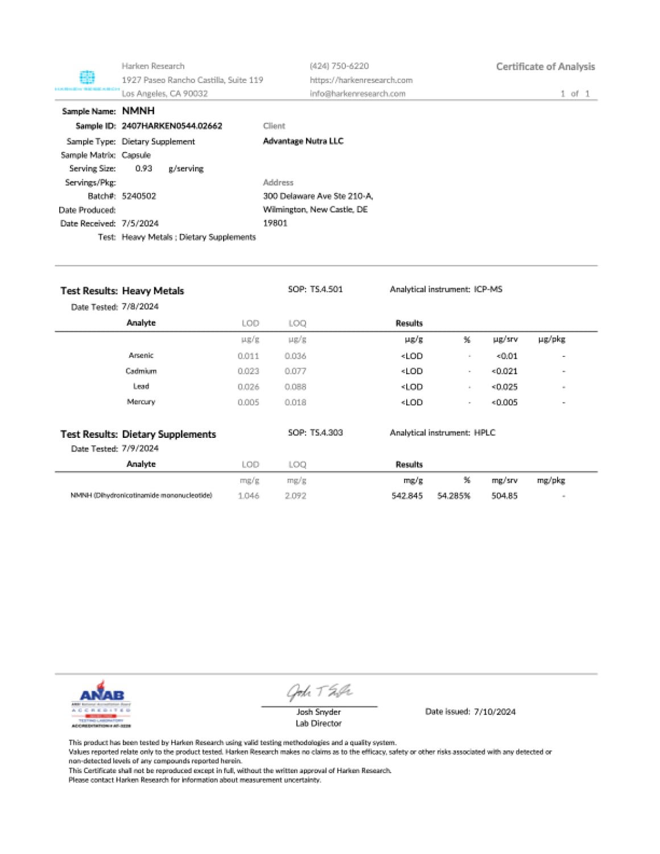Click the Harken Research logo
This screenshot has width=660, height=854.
87,80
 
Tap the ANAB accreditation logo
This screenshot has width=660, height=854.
101,704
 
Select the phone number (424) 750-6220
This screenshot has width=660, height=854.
339,66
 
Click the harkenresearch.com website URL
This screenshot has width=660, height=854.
361,80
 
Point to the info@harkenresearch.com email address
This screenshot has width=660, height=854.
357,94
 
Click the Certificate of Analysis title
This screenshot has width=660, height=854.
545,67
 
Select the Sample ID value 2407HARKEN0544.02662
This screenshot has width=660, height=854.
172,126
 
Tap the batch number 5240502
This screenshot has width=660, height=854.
139,196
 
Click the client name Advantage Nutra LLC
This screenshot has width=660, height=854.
303,141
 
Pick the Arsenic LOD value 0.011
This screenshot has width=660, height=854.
248,356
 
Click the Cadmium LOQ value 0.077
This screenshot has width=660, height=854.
295,371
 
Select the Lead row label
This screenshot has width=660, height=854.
141,387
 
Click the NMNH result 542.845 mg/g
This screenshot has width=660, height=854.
407,496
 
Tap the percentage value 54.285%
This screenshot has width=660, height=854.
453,496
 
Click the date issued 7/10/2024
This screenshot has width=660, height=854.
494,712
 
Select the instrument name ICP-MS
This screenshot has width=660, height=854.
488,289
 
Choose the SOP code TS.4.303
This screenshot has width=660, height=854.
326,433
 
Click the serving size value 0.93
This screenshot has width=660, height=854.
143,169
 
